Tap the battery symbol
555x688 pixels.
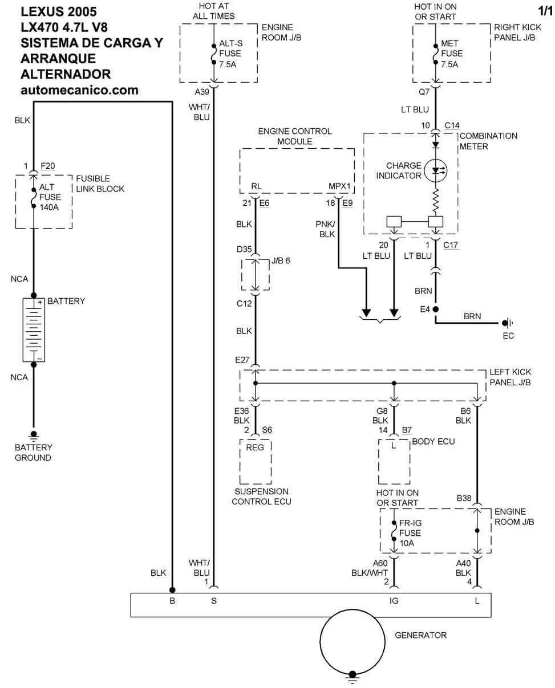pyautogui.click(x=34, y=329)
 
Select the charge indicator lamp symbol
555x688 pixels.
pyautogui.click(x=436, y=170)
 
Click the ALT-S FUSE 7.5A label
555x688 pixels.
pyautogui.click(x=229, y=54)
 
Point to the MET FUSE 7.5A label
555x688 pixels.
pyautogui.click(x=451, y=54)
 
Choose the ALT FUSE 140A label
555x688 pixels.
pyautogui.click(x=50, y=197)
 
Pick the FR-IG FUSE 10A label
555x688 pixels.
pyautogui.click(x=410, y=533)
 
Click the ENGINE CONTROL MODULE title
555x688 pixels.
pyautogui.click(x=294, y=136)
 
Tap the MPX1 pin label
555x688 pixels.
pyautogui.click(x=339, y=186)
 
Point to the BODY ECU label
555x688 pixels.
pyautogui.click(x=433, y=441)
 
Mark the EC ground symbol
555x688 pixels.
pyautogui.click(x=506, y=323)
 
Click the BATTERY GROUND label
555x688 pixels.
pyautogui.click(x=33, y=453)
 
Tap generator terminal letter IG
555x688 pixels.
pyautogui.click(x=394, y=601)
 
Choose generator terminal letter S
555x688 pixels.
pyautogui.click(x=214, y=601)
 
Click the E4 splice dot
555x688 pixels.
pyautogui.click(x=436, y=309)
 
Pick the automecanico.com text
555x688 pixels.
pyautogui.click(x=79, y=89)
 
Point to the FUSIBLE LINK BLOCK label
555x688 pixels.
pyautogui.click(x=100, y=184)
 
